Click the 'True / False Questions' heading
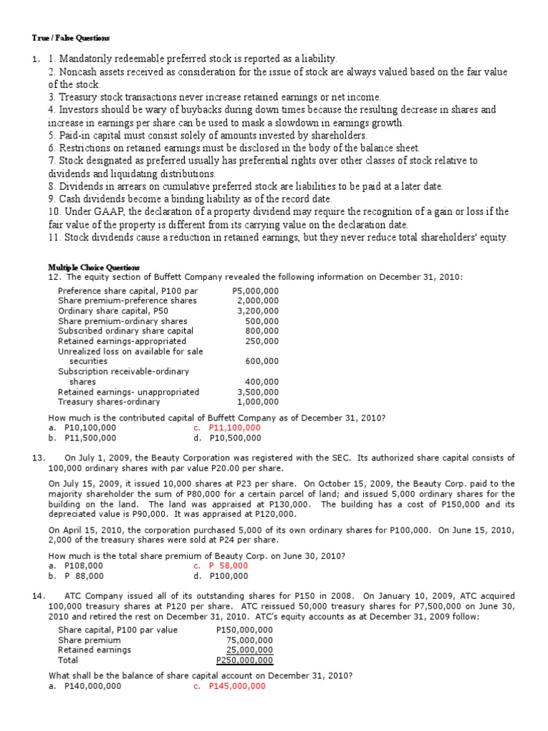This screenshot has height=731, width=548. pyautogui.click(x=71, y=38)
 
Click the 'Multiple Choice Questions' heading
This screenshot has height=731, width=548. pyautogui.click(x=93, y=267)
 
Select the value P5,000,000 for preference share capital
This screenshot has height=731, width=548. pyautogui.click(x=255, y=291)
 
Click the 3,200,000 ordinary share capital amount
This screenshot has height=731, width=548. pyautogui.click(x=258, y=311)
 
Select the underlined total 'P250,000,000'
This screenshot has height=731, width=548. pyautogui.click(x=244, y=660)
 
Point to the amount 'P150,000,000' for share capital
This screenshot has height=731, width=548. pyautogui.click(x=244, y=630)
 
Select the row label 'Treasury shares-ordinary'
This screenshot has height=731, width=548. pyautogui.click(x=109, y=402)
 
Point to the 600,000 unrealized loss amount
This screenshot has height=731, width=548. pyautogui.click(x=262, y=361)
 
